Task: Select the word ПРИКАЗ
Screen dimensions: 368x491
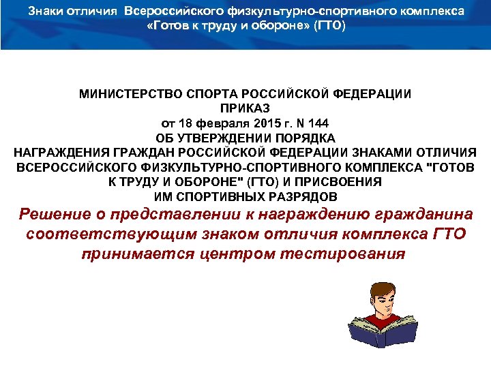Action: point(245,108)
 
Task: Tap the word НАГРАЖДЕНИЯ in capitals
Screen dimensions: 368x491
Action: point(54,153)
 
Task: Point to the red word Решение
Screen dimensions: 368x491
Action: point(54,216)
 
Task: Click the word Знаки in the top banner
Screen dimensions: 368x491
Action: point(55,12)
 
